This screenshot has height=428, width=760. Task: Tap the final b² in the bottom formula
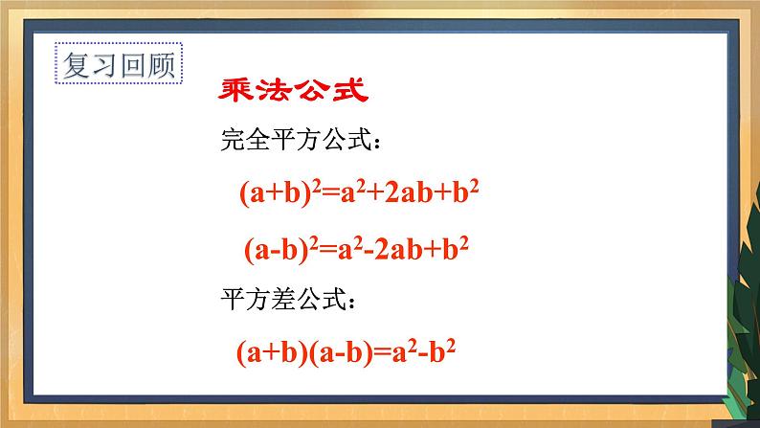(440, 351)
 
